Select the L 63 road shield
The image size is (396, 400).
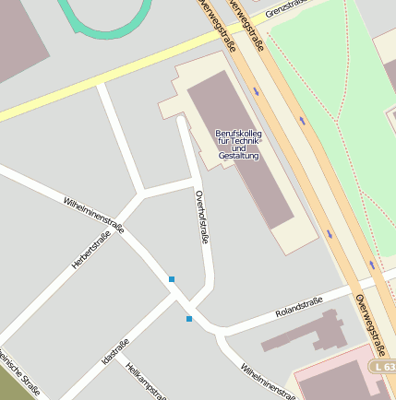click(x=386, y=367)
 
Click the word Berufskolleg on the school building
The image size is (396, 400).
click(x=238, y=134)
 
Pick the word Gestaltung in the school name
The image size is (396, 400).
click(x=239, y=157)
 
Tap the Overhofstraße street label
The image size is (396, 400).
click(x=201, y=217)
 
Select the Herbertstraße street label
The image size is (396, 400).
click(x=90, y=250)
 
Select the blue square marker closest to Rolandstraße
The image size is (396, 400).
click(x=189, y=319)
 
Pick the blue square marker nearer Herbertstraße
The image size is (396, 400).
click(x=172, y=278)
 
